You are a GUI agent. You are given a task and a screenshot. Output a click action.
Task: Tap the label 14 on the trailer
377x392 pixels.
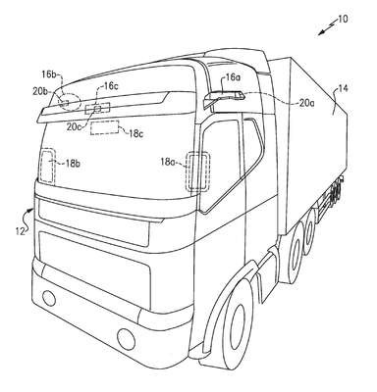click(x=344, y=88)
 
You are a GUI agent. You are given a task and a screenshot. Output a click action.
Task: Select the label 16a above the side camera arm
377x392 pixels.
click(x=233, y=77)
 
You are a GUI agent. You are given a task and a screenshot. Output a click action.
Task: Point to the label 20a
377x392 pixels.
click(x=307, y=103)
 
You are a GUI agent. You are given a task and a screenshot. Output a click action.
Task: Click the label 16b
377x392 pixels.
click(x=49, y=73)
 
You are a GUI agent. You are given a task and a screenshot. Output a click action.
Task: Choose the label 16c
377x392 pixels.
click(x=111, y=86)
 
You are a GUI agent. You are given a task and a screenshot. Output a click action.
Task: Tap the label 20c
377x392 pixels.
click(x=75, y=127)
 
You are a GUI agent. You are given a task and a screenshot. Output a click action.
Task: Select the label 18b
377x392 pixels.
click(x=73, y=164)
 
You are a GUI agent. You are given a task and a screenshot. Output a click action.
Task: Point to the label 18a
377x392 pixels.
click(x=168, y=162)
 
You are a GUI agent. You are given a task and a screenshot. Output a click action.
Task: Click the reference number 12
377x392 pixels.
click(x=20, y=231)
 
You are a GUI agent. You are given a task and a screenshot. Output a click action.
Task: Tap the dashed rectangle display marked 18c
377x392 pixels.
click(x=104, y=127)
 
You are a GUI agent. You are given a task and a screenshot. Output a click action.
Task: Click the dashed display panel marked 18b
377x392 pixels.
click(x=48, y=166)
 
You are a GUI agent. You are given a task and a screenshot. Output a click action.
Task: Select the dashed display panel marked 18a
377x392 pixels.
click(x=198, y=171)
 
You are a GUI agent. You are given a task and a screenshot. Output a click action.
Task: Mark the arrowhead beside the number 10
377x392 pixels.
click(x=320, y=32)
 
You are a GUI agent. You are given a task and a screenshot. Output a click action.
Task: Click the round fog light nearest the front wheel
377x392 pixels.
click(x=126, y=339)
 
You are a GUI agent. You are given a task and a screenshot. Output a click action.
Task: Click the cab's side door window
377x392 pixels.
click(x=220, y=165)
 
